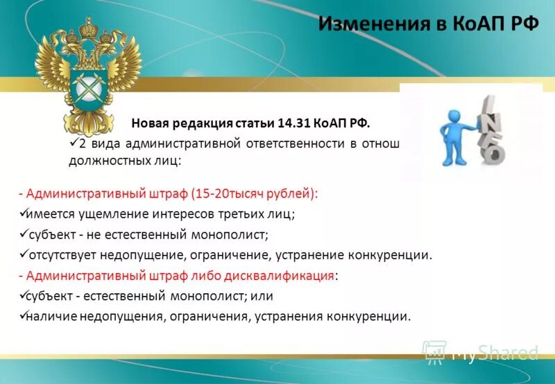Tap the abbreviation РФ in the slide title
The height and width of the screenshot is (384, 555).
tap(522, 25)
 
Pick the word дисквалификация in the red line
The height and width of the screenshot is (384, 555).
tap(279, 275)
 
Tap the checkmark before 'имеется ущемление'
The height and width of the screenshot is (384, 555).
tap(22, 214)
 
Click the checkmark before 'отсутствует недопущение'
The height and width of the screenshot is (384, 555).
tap(22, 254)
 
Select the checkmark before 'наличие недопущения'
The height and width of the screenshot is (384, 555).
tap(22, 316)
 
